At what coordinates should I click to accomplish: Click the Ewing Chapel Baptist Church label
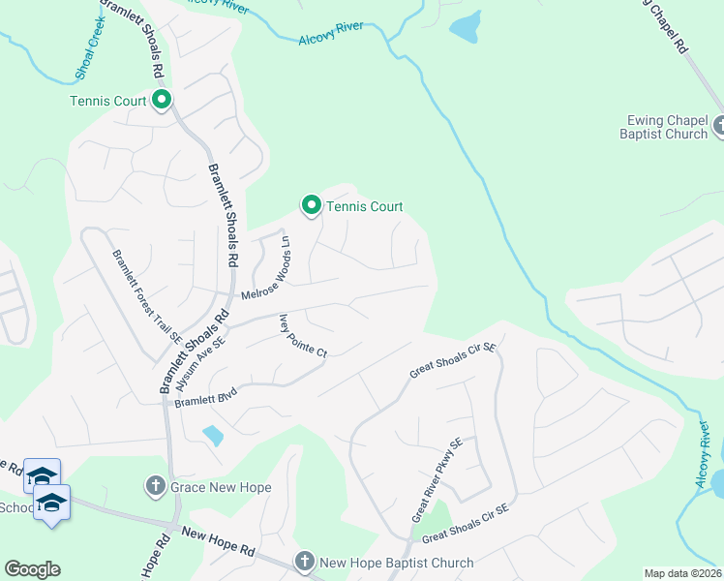(664, 127)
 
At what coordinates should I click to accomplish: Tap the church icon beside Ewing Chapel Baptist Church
(719, 125)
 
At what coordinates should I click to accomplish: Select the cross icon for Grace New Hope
(156, 484)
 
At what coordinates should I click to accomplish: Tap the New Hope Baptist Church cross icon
(304, 561)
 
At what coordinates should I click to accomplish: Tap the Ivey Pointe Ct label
(303, 336)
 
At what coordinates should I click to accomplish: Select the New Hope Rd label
(218, 541)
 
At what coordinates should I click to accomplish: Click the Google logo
(32, 568)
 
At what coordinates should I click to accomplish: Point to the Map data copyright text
(682, 573)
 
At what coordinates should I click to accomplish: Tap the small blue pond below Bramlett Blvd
(213, 435)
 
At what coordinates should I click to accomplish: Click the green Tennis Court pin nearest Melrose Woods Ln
(312, 205)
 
